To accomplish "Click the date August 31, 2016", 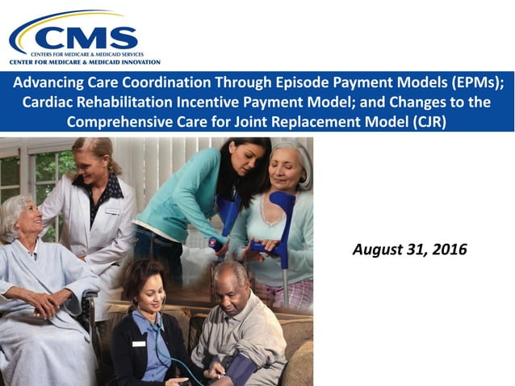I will point(409,250).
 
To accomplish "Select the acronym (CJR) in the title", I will point(428,122).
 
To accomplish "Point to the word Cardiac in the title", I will point(48,103).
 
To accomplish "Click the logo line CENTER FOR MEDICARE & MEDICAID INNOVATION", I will point(85,61).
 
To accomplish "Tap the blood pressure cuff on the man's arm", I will point(239,367).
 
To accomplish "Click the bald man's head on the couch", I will point(234,279).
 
